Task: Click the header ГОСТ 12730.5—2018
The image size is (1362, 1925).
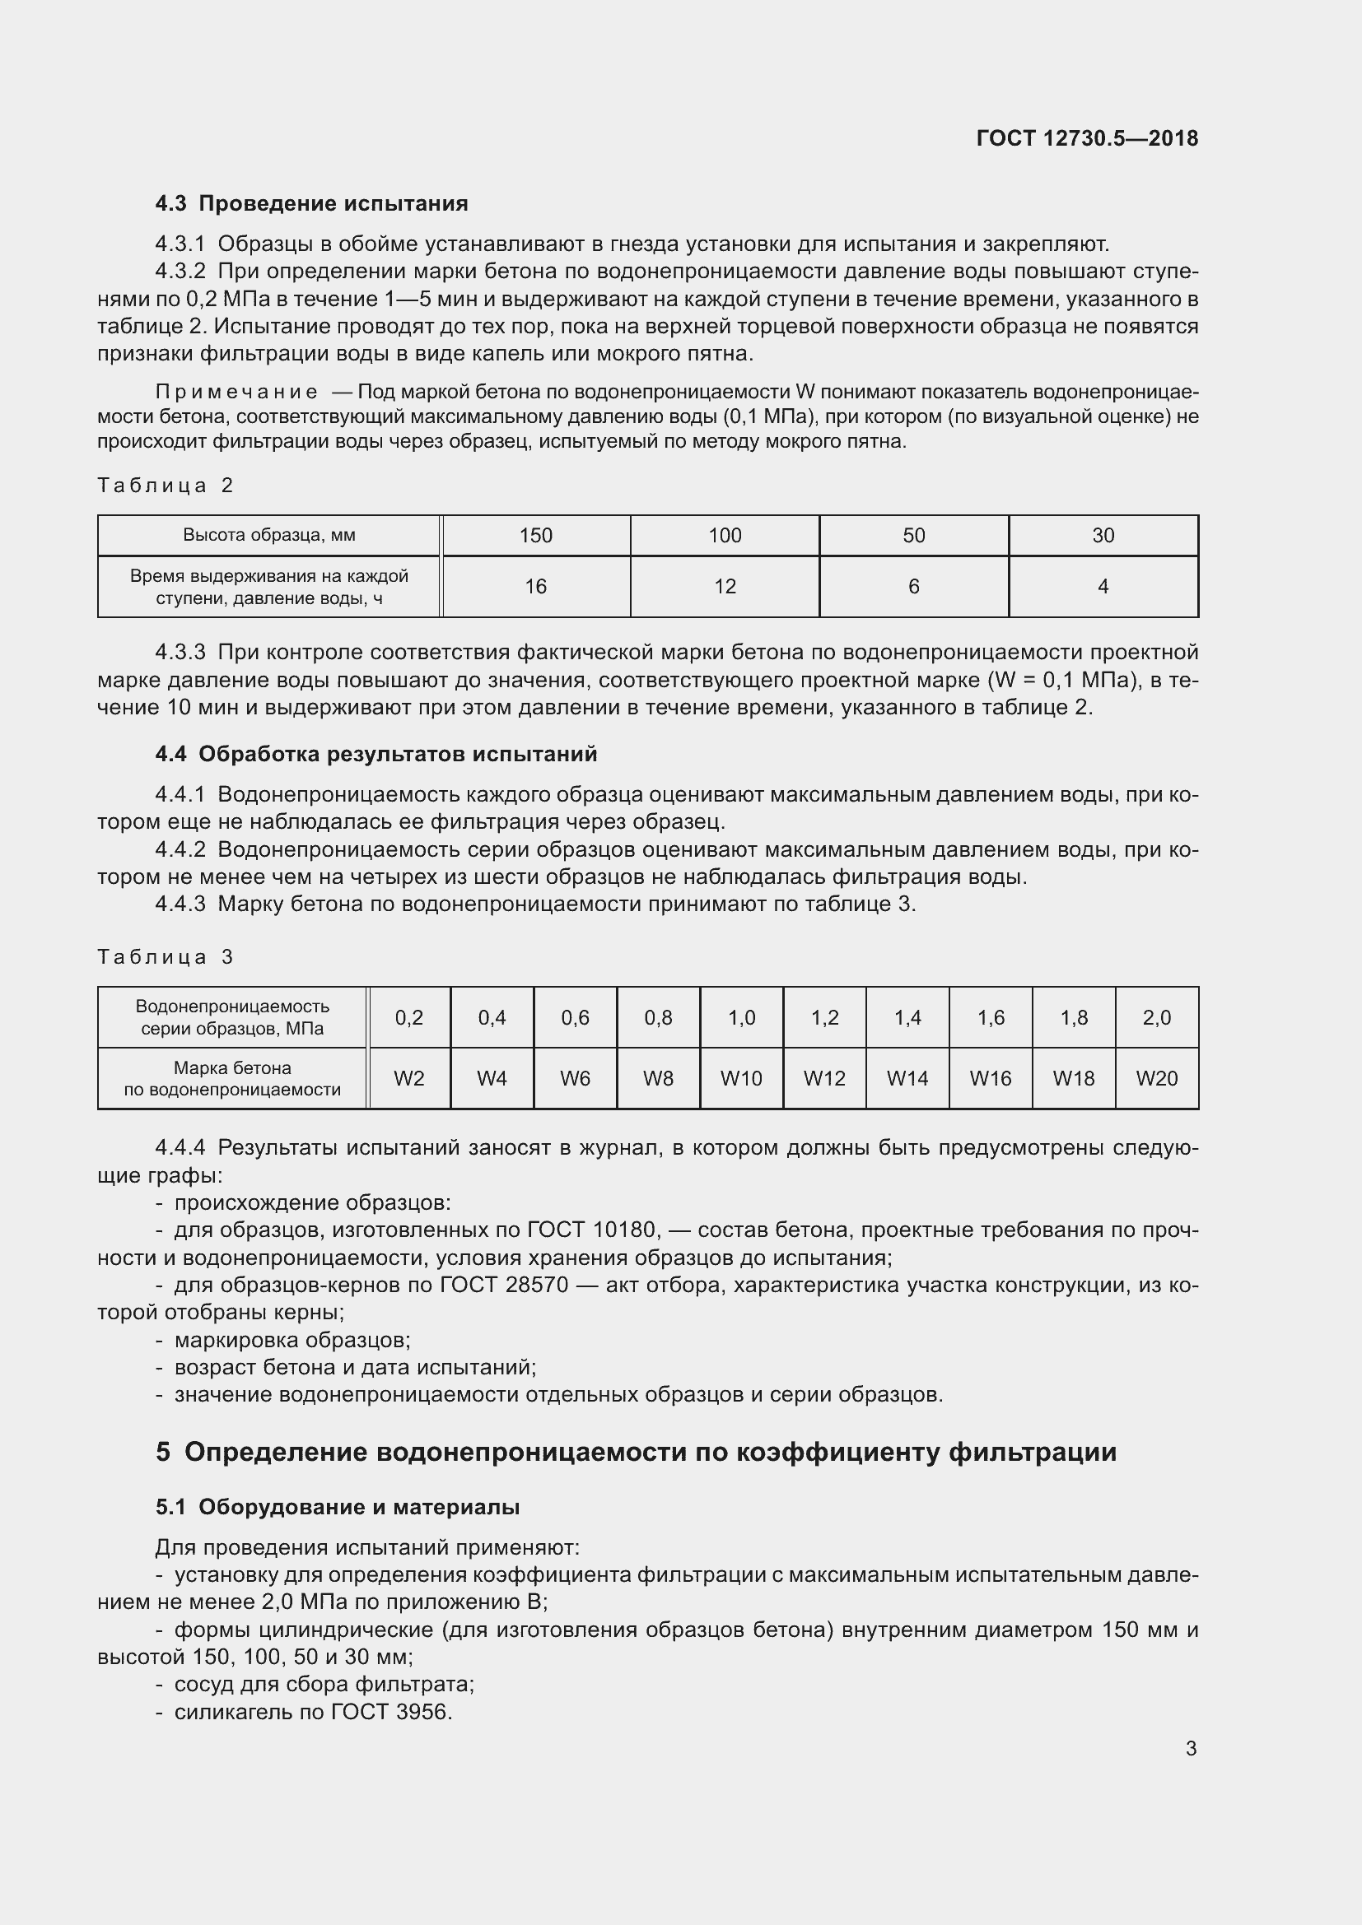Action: point(1087,138)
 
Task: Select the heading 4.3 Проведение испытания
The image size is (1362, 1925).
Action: point(311,204)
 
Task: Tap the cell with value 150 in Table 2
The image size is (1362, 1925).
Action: point(536,536)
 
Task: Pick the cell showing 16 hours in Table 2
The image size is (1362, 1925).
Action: point(536,587)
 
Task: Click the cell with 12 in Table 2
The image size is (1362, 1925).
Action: point(725,587)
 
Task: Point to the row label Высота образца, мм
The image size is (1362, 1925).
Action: point(269,536)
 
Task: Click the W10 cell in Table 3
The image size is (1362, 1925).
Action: point(741,1079)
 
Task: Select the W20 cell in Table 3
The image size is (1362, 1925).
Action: point(1156,1079)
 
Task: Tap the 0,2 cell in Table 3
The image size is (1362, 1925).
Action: point(409,1018)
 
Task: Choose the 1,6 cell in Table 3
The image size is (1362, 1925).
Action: point(991,1018)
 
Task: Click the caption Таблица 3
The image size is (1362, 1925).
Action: point(166,957)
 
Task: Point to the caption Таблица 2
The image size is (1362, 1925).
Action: point(166,486)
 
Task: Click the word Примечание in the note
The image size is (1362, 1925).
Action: point(236,393)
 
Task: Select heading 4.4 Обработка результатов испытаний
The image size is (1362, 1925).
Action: point(375,755)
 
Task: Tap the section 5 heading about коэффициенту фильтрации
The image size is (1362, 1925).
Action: point(636,1451)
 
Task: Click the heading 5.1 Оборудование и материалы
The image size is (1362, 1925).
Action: point(337,1508)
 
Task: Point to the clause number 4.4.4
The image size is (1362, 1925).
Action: point(180,1148)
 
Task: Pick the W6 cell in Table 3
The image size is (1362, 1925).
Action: point(576,1079)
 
